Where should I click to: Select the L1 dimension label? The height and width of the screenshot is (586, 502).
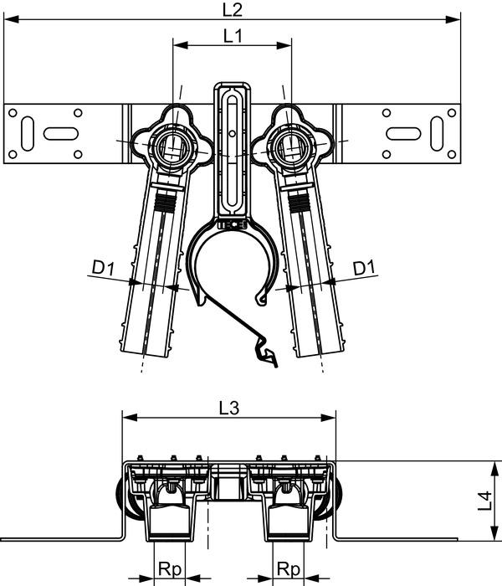click(x=233, y=36)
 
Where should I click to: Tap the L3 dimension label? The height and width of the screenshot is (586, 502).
click(x=228, y=408)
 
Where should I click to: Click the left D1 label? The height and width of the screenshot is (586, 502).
click(x=102, y=269)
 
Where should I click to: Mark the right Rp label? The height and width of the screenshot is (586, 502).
click(x=289, y=567)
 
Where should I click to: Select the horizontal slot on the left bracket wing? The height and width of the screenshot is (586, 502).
click(x=61, y=131)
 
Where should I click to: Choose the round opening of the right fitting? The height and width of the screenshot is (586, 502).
click(x=290, y=149)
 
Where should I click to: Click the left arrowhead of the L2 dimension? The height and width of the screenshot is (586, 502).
click(x=8, y=19)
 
